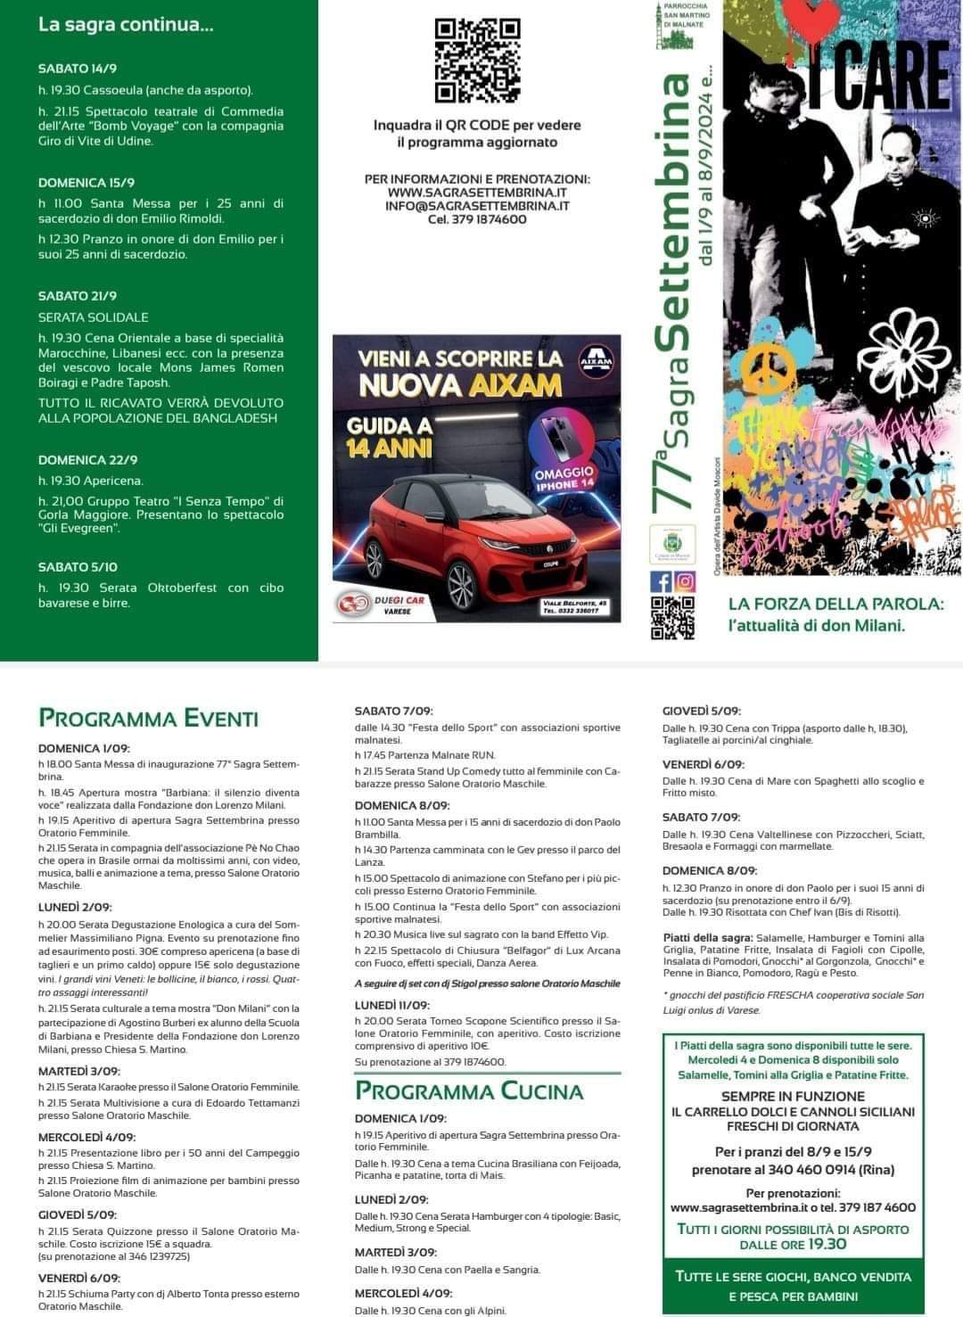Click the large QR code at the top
[x=477, y=61]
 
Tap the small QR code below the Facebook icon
[x=672, y=617]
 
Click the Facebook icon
[x=662, y=581]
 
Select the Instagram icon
[x=684, y=581]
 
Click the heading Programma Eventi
[x=148, y=719]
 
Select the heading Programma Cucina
[x=469, y=1091]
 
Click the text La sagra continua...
[x=126, y=25]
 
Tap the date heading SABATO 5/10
[x=78, y=567]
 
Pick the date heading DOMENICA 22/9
[x=87, y=460]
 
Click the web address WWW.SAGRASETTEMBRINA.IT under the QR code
[x=477, y=193]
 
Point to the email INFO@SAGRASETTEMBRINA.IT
[x=477, y=206]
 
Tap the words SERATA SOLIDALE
[x=94, y=317]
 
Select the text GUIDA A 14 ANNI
[x=390, y=437]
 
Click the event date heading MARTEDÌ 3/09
[x=78, y=1071]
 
